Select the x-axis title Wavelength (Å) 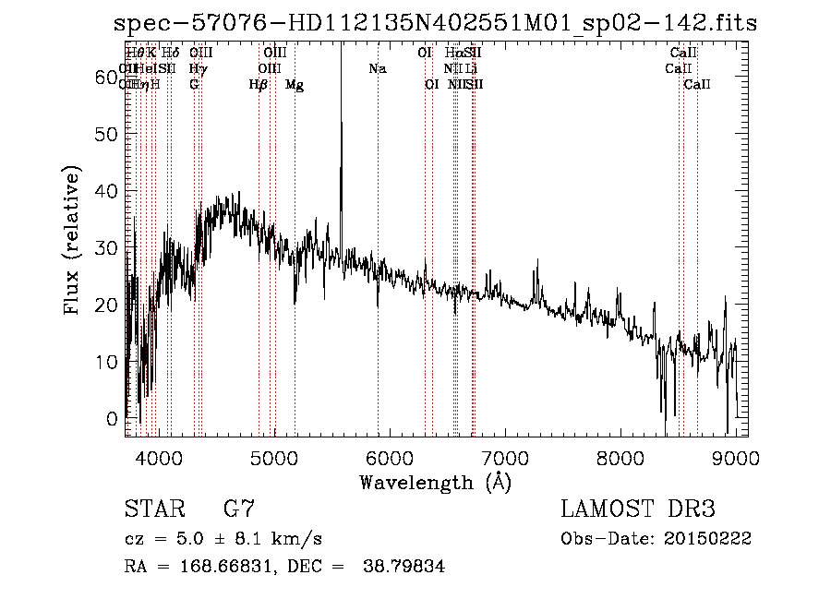[x=435, y=482]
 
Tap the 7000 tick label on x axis [x=504, y=457]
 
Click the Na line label [x=377, y=68]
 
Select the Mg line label [x=295, y=85]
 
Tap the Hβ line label [x=259, y=85]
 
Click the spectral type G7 [x=239, y=509]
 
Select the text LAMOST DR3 [x=638, y=509]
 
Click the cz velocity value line [x=223, y=538]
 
